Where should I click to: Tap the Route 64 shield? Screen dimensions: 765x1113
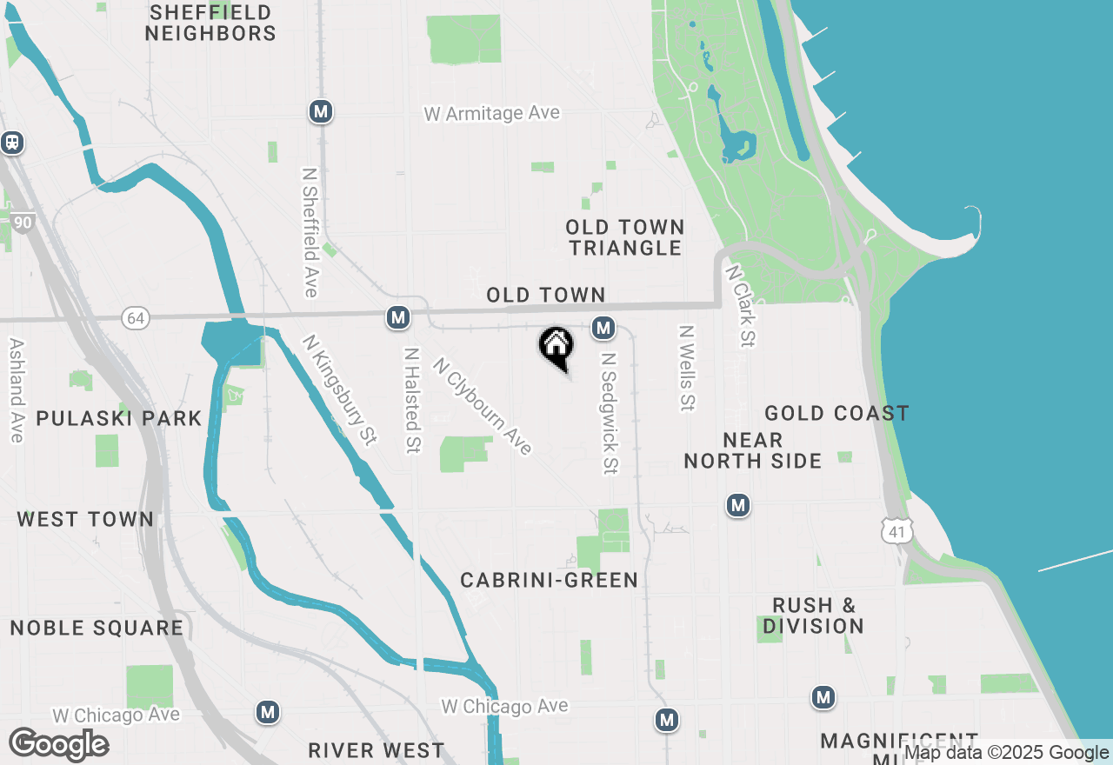click(x=136, y=318)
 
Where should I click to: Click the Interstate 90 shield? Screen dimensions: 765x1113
click(x=23, y=223)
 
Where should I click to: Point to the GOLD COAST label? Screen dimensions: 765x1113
click(x=836, y=413)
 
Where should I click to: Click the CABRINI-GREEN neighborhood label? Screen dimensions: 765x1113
click(x=549, y=580)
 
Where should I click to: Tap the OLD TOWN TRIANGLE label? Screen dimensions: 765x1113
click(x=625, y=237)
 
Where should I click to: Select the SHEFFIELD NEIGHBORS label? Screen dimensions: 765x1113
click(x=210, y=23)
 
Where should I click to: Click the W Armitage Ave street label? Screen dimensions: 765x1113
click(x=492, y=114)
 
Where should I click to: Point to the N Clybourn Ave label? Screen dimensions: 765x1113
click(x=483, y=405)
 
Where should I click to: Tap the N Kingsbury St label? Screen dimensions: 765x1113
click(x=340, y=390)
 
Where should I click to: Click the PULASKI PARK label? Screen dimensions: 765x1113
click(x=119, y=418)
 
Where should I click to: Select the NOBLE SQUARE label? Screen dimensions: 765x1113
click(x=97, y=628)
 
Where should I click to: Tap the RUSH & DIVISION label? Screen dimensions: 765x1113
click(x=814, y=615)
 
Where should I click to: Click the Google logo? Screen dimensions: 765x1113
click(x=59, y=744)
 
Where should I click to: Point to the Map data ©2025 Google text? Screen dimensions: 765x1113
click(x=1006, y=753)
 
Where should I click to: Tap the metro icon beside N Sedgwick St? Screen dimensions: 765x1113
click(x=603, y=328)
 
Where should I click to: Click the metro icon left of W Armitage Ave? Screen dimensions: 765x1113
click(x=322, y=111)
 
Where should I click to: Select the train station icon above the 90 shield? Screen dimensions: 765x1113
click(x=12, y=142)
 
